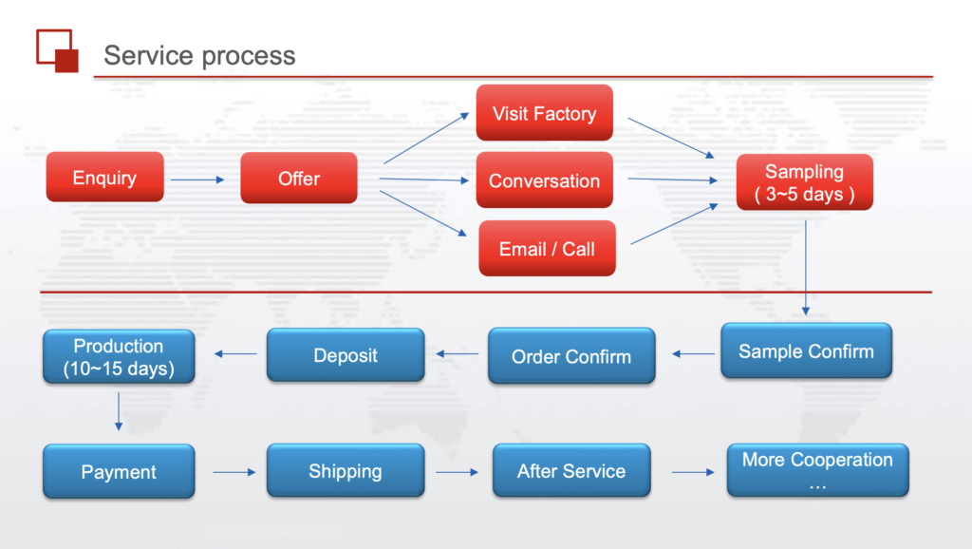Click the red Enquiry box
(104, 178)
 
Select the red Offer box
(299, 178)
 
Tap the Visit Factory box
(544, 113)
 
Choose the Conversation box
(544, 180)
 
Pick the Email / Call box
(547, 249)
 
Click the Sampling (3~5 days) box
(804, 182)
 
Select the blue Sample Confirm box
(806, 351)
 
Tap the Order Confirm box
(571, 356)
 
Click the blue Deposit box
(346, 355)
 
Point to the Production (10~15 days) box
(119, 357)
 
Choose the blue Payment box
(119, 471)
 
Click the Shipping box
(346, 471)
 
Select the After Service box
(571, 471)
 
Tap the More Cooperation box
(817, 470)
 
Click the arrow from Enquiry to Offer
(197, 179)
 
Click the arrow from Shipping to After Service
(457, 471)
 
